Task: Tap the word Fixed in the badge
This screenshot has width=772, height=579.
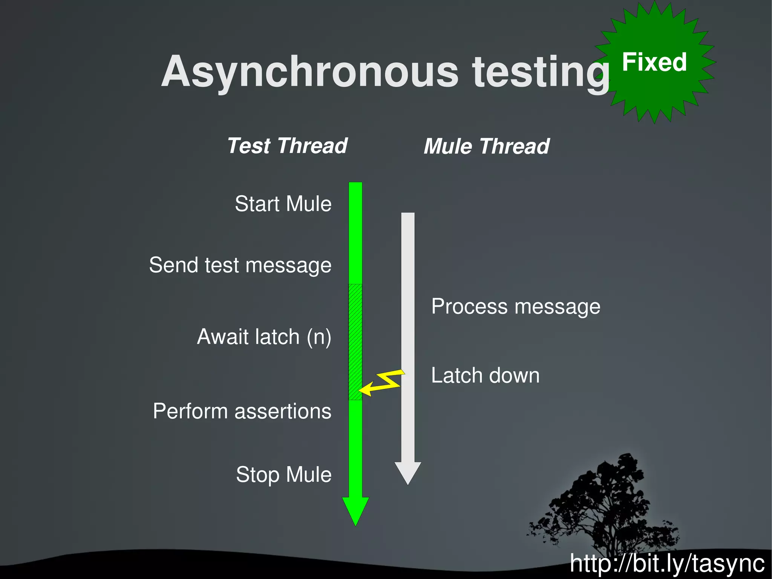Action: [654, 62]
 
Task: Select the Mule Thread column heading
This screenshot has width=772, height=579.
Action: [486, 146]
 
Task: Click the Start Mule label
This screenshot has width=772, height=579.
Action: [283, 204]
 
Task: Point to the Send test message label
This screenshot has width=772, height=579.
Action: [240, 265]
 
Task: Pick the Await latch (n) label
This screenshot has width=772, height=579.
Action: [264, 336]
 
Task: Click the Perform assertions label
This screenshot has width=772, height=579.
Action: [242, 411]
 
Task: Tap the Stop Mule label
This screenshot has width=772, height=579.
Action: [283, 475]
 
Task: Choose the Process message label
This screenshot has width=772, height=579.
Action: [516, 306]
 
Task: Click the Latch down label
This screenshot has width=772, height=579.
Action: [485, 376]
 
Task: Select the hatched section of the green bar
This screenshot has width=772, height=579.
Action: [355, 341]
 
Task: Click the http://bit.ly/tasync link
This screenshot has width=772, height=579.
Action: [667, 564]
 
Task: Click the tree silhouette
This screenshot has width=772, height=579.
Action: [607, 505]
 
